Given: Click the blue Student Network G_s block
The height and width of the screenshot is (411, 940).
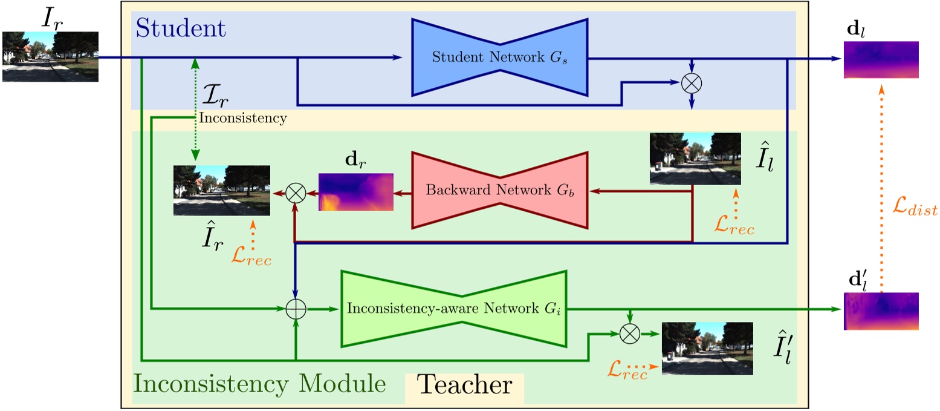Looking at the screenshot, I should point(499,58).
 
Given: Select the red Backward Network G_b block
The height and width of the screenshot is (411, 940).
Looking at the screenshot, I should point(499,190).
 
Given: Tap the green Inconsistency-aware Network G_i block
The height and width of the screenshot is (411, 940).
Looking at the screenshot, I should point(453,309).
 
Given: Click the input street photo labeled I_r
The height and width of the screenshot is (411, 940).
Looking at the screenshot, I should point(50,56).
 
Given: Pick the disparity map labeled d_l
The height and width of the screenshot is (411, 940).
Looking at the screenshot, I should point(881,60).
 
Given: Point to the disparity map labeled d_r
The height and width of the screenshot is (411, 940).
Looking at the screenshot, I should point(355,192).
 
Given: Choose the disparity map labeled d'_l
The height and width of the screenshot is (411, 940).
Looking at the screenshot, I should point(881,311).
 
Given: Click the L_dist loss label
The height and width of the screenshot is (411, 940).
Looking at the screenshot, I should point(914,209).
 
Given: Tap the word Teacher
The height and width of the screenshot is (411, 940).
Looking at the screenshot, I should point(464,384).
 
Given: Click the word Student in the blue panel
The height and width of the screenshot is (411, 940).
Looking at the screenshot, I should point(181,28).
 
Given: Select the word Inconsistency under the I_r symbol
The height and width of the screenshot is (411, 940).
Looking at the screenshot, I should point(242,119).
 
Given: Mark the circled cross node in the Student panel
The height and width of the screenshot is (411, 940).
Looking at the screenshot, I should point(691,84).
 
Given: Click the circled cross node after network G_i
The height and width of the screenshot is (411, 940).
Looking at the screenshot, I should point(630,332).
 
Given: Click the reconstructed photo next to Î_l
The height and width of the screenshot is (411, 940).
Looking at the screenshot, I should point(695,159).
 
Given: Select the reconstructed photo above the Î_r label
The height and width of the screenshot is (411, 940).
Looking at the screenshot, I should point(221,190).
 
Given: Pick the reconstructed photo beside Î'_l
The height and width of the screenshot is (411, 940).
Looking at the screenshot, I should point(707,349).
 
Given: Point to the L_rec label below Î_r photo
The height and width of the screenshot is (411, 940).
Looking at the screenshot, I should point(251,259).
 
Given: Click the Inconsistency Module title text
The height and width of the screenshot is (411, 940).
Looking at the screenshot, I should point(259,384).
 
